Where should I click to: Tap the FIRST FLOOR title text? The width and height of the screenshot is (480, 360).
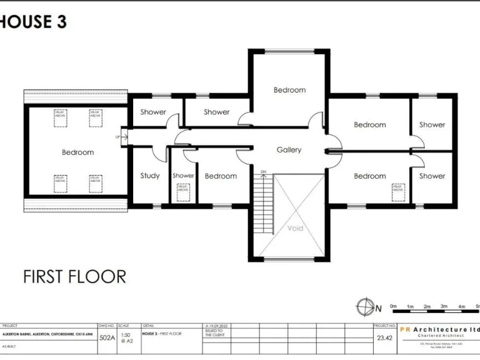tap(74, 276)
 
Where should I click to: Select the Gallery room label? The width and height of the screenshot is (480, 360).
tap(289, 150)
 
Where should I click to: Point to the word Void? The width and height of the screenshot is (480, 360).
tap(295, 228)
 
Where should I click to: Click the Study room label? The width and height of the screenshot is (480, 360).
tap(150, 176)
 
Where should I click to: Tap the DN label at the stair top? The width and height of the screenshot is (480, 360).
tap(263, 171)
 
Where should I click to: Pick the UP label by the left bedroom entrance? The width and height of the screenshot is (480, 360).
tap(117, 137)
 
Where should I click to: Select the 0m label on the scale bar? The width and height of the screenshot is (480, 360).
tap(393, 306)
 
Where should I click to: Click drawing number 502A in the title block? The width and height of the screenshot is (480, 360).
tap(107, 337)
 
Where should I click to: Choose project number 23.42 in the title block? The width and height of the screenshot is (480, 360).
tap(383, 337)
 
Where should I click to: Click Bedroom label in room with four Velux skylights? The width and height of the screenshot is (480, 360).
tap(77, 152)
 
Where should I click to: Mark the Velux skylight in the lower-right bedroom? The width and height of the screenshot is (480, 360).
tap(397, 187)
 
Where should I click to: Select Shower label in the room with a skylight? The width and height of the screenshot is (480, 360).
tap(183, 176)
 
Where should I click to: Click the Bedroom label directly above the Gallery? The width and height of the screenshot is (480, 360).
tap(289, 90)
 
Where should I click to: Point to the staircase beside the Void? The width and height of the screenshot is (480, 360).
tap(264, 203)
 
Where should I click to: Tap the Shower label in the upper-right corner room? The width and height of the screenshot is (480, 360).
tap(432, 125)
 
